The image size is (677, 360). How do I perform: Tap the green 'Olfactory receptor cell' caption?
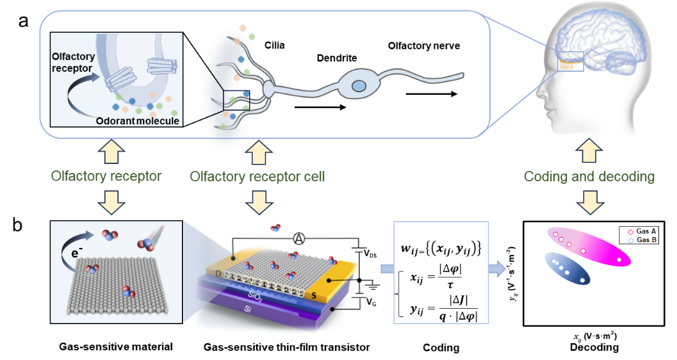pyautogui.click(x=257, y=176)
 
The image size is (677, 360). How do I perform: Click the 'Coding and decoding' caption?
pyautogui.click(x=589, y=176)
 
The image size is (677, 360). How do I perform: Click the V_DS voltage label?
pyautogui.click(x=370, y=254)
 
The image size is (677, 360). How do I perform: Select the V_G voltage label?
pyautogui.click(x=370, y=301)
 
